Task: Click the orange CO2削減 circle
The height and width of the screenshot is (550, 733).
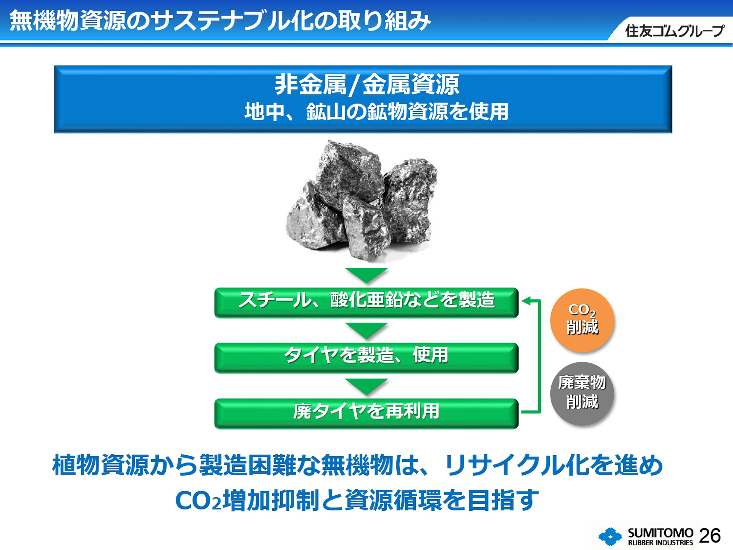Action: [x=582, y=320]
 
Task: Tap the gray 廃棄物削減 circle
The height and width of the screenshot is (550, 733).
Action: [x=582, y=393]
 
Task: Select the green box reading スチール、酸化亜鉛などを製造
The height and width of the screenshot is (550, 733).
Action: [x=366, y=302]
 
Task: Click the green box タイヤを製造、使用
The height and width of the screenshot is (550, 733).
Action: [x=366, y=357]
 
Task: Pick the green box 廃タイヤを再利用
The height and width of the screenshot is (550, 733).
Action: [x=366, y=413]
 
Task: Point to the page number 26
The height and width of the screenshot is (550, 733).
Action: [x=710, y=535]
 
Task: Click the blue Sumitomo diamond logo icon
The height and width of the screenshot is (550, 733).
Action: [x=610, y=537]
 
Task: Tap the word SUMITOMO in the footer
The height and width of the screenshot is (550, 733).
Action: [x=660, y=532]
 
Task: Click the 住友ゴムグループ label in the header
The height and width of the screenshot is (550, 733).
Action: [x=674, y=31]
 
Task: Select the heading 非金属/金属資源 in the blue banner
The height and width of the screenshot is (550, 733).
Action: [x=366, y=85]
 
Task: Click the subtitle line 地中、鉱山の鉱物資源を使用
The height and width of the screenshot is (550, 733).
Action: [x=376, y=112]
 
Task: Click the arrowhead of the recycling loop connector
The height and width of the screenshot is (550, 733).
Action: [x=526, y=301]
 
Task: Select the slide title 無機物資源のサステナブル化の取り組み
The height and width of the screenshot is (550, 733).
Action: [x=220, y=21]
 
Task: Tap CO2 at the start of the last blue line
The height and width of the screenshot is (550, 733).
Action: [x=198, y=500]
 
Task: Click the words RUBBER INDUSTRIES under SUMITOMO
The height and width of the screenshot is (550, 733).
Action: [x=660, y=543]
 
